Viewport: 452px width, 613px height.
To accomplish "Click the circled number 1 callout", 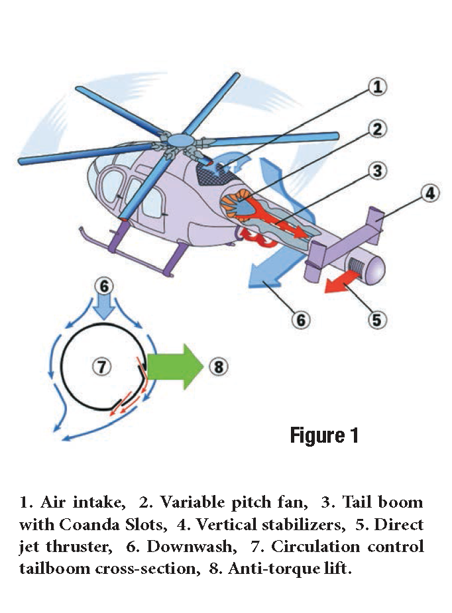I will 376,86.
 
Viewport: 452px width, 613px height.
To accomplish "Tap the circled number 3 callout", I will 376,171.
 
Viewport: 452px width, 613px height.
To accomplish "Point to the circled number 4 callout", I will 429,194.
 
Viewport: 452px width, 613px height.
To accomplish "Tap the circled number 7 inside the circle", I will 101,366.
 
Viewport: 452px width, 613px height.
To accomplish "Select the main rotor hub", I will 178,140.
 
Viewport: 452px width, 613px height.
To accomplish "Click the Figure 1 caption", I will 323,435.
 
